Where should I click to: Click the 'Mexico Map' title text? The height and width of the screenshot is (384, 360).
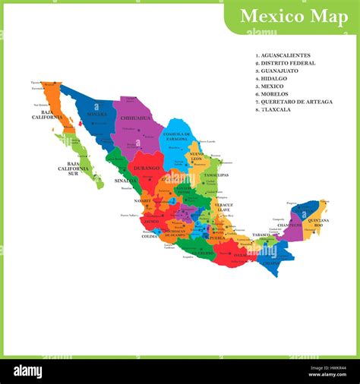(x=294, y=16)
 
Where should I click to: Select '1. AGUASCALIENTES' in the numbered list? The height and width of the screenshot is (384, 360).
(x=284, y=55)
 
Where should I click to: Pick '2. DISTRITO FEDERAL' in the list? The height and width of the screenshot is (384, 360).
(x=286, y=63)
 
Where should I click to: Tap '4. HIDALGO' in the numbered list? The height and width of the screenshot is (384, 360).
(x=273, y=78)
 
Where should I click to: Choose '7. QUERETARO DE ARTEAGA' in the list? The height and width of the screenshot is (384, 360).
(x=295, y=102)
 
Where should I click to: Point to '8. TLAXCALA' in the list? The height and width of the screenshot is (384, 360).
(x=276, y=109)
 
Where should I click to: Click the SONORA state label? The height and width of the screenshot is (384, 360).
(x=97, y=115)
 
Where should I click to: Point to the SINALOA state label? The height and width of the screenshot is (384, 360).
(x=126, y=181)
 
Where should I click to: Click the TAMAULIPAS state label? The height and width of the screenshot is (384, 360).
(x=216, y=175)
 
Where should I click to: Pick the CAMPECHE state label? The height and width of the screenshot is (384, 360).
(x=289, y=225)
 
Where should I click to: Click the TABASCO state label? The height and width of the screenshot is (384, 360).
(x=262, y=235)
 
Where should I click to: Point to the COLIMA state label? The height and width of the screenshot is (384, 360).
(x=150, y=236)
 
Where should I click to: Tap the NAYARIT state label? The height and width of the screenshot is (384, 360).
(x=143, y=201)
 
